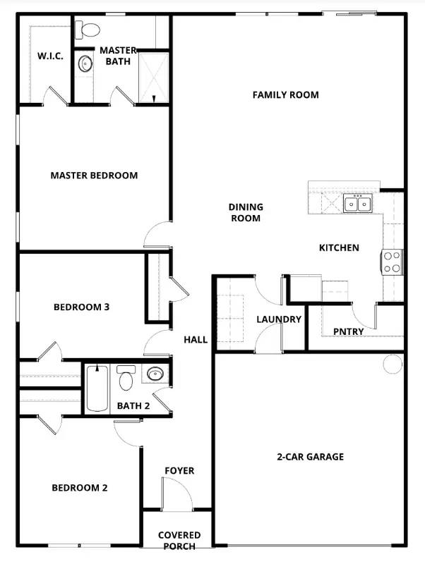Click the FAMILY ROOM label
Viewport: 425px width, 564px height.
pyautogui.click(x=285, y=94)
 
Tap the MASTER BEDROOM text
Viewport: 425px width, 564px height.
pyautogui.click(x=94, y=176)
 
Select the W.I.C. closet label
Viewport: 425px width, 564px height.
pyautogui.click(x=50, y=56)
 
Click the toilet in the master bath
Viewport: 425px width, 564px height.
pyautogui.click(x=89, y=30)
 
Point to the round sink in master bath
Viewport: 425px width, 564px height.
pyautogui.click(x=85, y=64)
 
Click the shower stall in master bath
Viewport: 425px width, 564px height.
pyautogui.click(x=153, y=77)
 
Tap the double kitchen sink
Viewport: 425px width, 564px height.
pyautogui.click(x=358, y=204)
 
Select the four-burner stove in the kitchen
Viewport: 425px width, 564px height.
pyautogui.click(x=392, y=262)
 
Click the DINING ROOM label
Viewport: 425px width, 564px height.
pyautogui.click(x=246, y=212)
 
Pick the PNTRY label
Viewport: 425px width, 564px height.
pyautogui.click(x=348, y=331)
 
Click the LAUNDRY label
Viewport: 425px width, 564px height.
pyautogui.click(x=279, y=319)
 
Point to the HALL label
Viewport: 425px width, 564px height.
pyautogui.click(x=196, y=340)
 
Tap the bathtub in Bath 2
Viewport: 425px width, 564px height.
pyautogui.click(x=97, y=388)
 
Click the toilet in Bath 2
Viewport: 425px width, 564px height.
pyautogui.click(x=126, y=379)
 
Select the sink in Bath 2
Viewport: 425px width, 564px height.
pyautogui.click(x=155, y=374)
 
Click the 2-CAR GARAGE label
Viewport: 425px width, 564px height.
pyautogui.click(x=310, y=457)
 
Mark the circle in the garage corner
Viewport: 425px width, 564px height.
pyautogui.click(x=391, y=364)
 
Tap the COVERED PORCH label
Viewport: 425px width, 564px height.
pyautogui.click(x=179, y=541)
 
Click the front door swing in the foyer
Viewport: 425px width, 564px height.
pyautogui.click(x=176, y=493)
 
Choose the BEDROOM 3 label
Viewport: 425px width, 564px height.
pyautogui.click(x=81, y=307)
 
